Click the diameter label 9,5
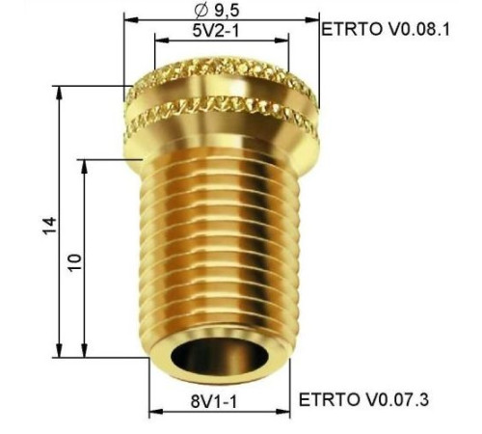pyautogui.click(x=227, y=11)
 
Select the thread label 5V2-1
pyautogui.click(x=216, y=31)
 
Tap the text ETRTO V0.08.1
pyautogui.click(x=386, y=29)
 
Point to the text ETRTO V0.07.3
pyautogui.click(x=363, y=399)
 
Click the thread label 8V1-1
pyautogui.click(x=214, y=401)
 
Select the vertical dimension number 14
pyautogui.click(x=49, y=226)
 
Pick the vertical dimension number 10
pyautogui.click(x=75, y=262)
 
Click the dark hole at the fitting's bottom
pyautogui.click(x=219, y=357)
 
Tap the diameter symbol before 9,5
pyautogui.click(x=202, y=11)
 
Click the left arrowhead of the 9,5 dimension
pyautogui.click(x=131, y=20)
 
